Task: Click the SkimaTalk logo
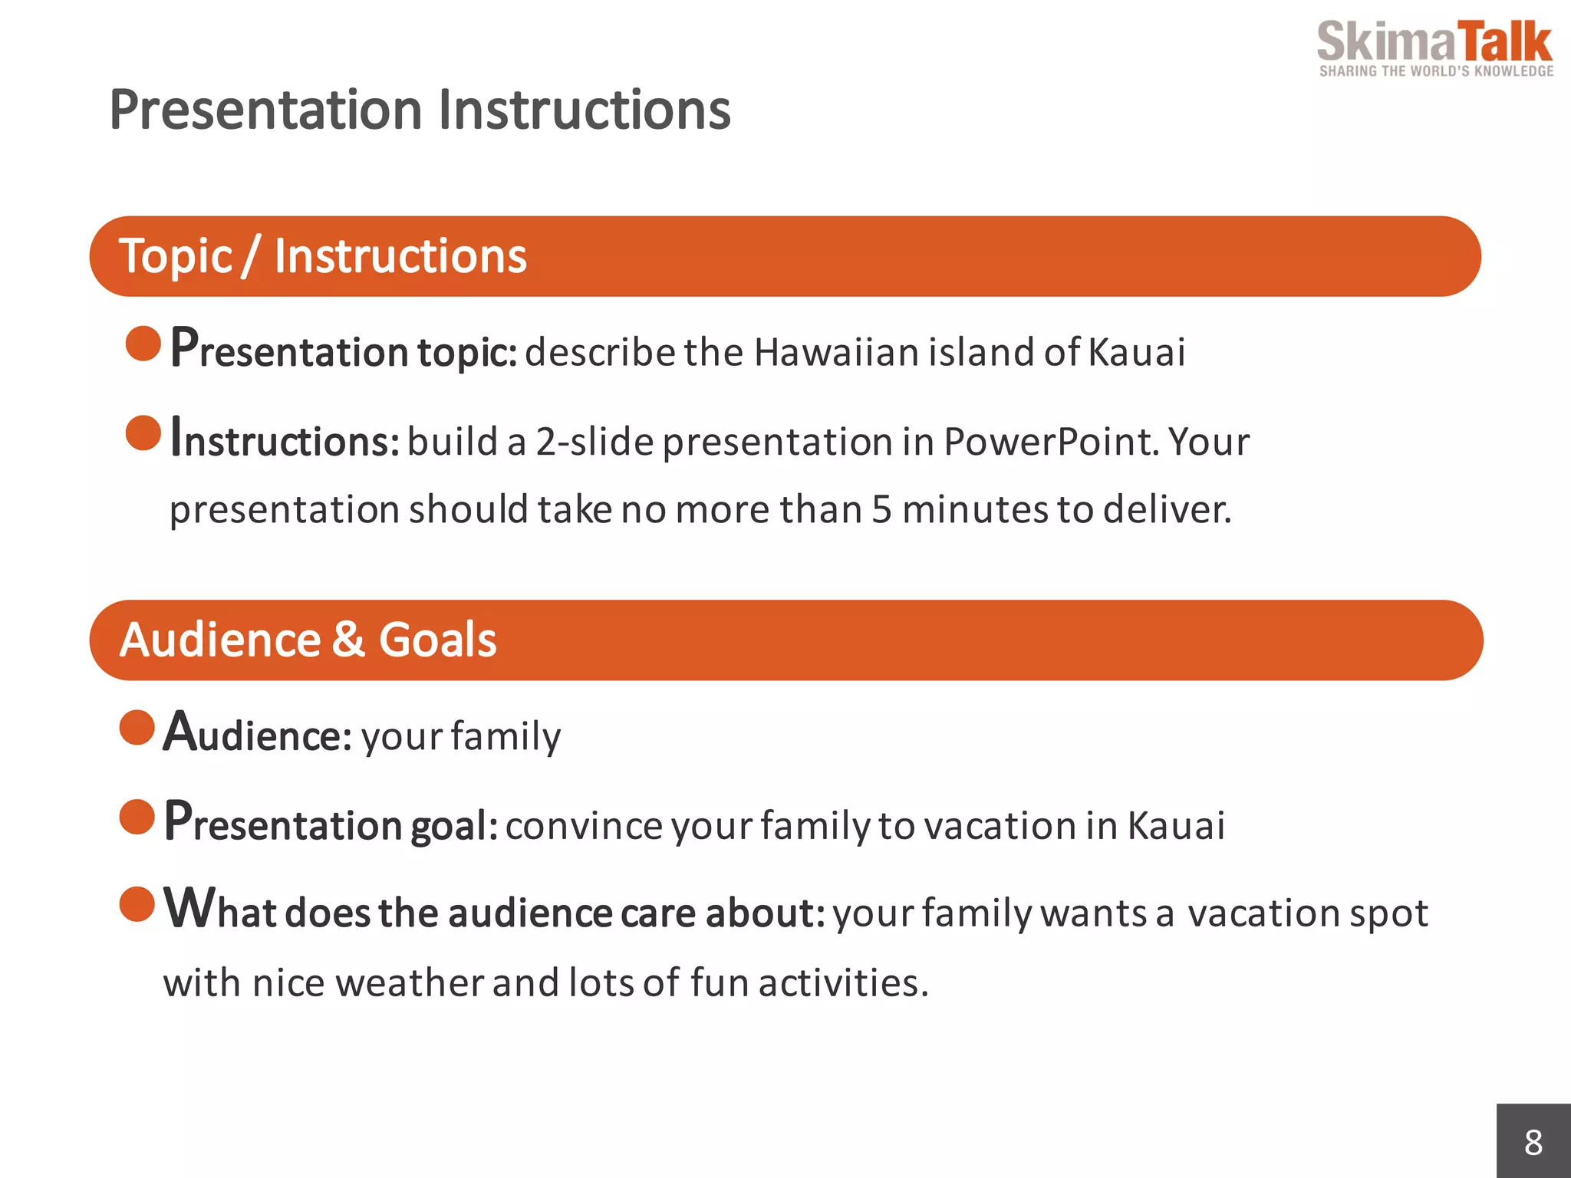click(1434, 43)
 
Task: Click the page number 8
click(1533, 1143)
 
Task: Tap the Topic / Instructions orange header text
click(323, 256)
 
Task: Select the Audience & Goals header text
click(308, 640)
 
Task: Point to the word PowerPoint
click(1051, 443)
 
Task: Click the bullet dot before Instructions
click(143, 433)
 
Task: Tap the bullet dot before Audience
click(137, 727)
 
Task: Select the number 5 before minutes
click(881, 510)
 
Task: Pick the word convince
click(584, 827)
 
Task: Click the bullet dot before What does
click(137, 903)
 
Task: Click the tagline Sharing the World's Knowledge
click(1436, 71)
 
